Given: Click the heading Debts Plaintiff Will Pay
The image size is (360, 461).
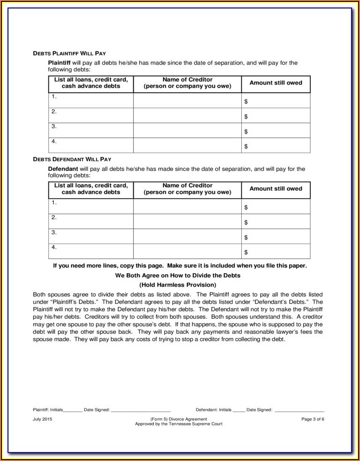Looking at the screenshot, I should pos(72,54).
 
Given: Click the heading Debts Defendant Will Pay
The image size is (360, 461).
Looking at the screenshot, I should pos(72,160).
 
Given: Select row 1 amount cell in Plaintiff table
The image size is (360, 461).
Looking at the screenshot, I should pos(276,100).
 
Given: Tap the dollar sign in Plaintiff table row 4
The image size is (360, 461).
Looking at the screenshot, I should pos(246,146).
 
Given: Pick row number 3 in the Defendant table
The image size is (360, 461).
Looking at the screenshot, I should pos(54,232).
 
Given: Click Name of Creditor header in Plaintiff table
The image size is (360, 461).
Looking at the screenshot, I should pos(187,83).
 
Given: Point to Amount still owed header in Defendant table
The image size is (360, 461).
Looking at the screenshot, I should pos(276,189).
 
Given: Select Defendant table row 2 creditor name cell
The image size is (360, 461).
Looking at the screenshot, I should pos(187,222).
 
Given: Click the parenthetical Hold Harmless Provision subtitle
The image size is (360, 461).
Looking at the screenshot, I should pos(178,285).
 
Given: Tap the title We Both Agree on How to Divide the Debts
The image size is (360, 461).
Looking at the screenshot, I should pos(178,276).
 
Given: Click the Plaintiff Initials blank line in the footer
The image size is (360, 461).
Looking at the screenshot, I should pos(73,410).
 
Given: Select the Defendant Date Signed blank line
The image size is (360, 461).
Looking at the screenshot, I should pos(299,410).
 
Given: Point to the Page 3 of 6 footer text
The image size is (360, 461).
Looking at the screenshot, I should pos(313,419).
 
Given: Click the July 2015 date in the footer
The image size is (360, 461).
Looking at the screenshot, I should pos(43,419).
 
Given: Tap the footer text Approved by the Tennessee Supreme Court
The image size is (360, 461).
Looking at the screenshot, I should pos(178,423).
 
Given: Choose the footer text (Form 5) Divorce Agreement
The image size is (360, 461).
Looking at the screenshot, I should pos(178,419).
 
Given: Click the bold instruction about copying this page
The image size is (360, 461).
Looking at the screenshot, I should pos(180,266).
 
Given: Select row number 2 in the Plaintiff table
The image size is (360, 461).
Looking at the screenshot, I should pos(54,112).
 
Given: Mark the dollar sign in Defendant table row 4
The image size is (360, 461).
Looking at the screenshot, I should pos(246,253).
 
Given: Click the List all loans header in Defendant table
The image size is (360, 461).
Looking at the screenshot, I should pos(91,189).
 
